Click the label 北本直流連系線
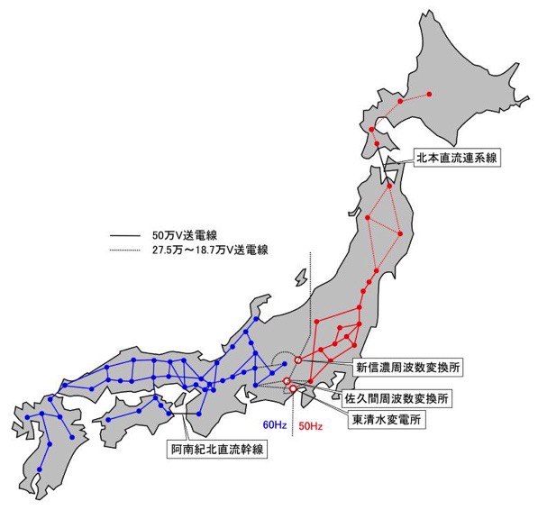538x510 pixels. point(457,157)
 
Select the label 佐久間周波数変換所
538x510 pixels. point(402,396)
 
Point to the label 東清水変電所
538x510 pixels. point(387,420)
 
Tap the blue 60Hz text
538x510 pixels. point(273,423)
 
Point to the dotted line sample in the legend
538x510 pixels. point(122,250)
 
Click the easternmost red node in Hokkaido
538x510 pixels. point(430,94)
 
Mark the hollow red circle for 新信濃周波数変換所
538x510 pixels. point(298,361)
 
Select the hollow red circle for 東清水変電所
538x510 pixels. point(293,389)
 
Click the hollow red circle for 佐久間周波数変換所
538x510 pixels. point(287,382)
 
